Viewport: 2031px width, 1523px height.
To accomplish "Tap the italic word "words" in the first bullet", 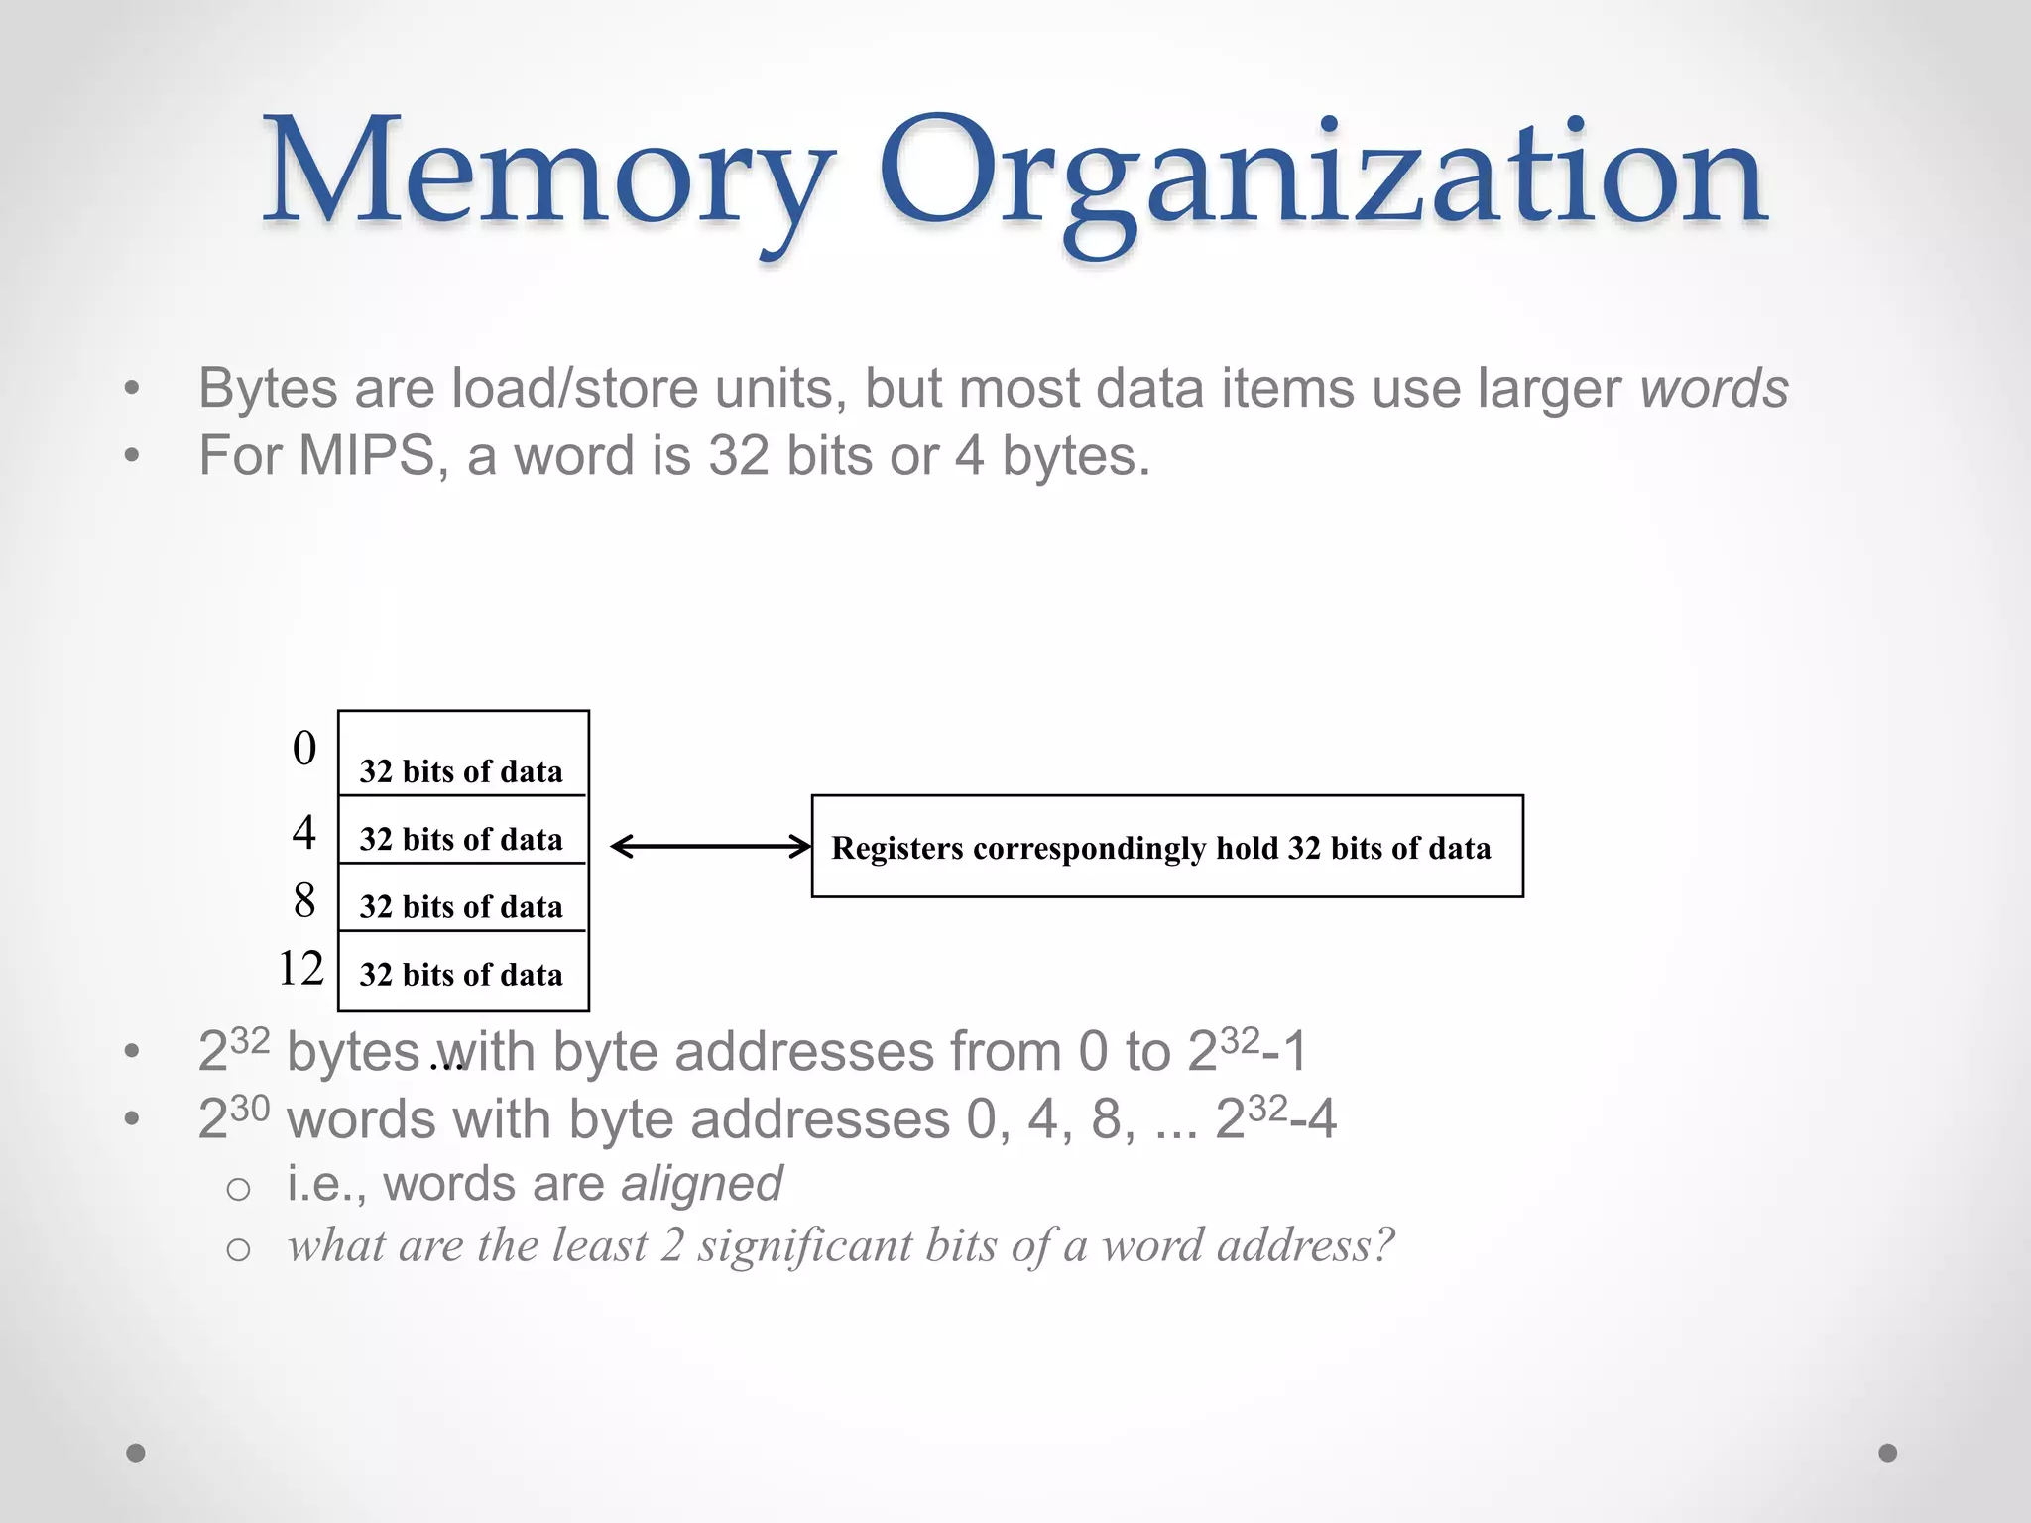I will click(1714, 388).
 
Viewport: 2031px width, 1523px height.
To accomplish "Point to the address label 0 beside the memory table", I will click(304, 749).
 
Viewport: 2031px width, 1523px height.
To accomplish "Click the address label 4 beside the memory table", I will click(304, 832).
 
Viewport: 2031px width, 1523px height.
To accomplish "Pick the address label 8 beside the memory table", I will click(304, 900).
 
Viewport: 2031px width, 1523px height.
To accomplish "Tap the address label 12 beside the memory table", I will click(300, 969).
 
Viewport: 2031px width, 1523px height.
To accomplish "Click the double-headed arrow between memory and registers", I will click(710, 846).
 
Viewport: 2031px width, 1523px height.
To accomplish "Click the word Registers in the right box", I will click(896, 848).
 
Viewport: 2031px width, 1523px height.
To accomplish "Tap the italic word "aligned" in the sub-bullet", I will click(702, 1183).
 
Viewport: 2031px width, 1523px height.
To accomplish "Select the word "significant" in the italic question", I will click(804, 1246).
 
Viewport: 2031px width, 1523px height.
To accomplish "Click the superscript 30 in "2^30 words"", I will click(250, 1108).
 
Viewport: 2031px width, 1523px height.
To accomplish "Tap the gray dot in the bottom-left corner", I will click(136, 1453).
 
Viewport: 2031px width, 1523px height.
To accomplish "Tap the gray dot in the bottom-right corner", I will click(1888, 1453).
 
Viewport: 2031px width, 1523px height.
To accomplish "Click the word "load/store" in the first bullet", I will click(574, 388).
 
